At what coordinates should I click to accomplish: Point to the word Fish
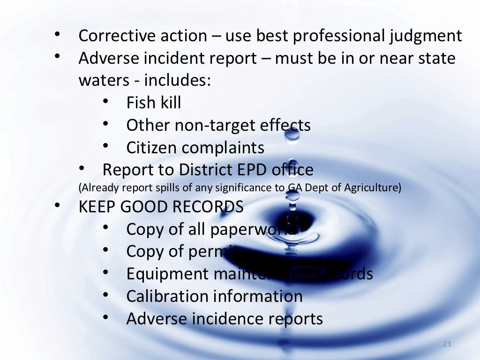(141, 103)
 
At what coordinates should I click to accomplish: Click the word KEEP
(97, 207)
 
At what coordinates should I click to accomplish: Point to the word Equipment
(167, 274)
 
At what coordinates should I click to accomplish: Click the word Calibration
(167, 296)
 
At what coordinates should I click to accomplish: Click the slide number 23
(446, 345)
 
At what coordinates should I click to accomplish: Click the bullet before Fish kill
(106, 100)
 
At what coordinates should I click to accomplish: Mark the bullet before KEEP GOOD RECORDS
(58, 205)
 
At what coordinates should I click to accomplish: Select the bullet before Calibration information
(106, 294)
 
